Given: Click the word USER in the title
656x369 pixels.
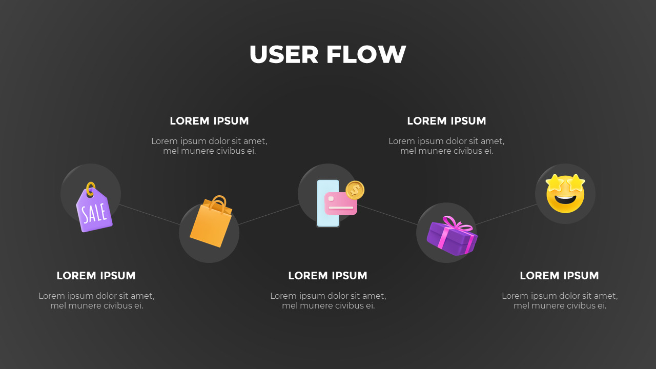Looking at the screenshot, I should click(x=284, y=54).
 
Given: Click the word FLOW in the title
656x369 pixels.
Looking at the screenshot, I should click(x=366, y=54).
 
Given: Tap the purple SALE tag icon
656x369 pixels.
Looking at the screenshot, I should click(x=94, y=210).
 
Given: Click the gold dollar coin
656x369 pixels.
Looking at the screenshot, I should click(x=355, y=190).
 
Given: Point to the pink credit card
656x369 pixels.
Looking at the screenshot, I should click(x=340, y=204).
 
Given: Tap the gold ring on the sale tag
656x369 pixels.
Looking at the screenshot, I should click(x=91, y=188).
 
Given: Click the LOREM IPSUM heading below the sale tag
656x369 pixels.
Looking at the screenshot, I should click(x=96, y=276).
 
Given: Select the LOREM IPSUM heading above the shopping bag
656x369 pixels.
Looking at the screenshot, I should click(x=209, y=121).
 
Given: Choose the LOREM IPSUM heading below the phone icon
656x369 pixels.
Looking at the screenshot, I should click(x=327, y=276).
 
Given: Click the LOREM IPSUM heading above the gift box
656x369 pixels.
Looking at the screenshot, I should click(x=446, y=121).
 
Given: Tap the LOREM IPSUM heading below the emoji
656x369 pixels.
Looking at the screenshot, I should click(x=559, y=276).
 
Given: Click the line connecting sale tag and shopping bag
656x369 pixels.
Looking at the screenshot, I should click(x=150, y=214).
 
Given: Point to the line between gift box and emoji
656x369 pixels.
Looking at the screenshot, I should click(x=506, y=214).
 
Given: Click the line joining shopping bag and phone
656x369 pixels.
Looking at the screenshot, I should click(x=269, y=214).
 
